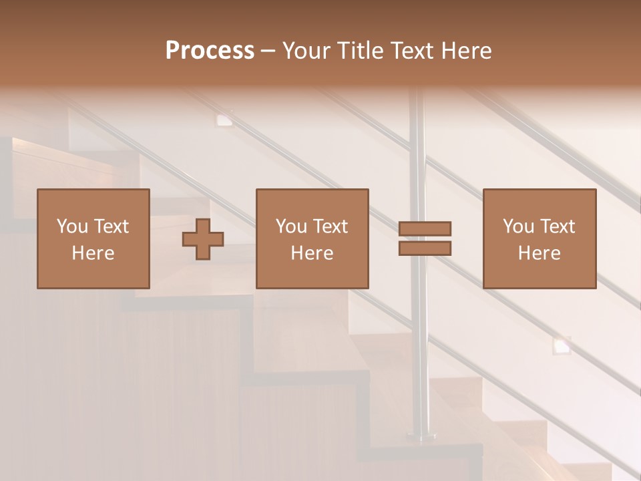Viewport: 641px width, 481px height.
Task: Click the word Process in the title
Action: [x=210, y=51]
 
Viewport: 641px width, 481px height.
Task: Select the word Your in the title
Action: [x=304, y=51]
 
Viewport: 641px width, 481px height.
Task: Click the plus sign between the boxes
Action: [x=203, y=239]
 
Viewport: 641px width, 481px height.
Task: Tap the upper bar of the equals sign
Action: [x=425, y=229]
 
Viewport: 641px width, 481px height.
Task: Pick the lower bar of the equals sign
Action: [x=425, y=248]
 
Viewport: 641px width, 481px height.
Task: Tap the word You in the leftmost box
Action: [x=72, y=226]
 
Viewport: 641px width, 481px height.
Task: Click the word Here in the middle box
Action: [x=312, y=253]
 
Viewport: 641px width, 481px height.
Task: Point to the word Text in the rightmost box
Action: [x=558, y=226]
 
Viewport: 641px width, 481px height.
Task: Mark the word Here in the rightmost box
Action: [x=539, y=253]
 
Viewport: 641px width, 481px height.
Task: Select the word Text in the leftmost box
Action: [x=111, y=226]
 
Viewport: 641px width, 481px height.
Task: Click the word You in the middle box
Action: [x=291, y=226]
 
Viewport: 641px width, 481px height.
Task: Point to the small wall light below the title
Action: [x=224, y=120]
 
